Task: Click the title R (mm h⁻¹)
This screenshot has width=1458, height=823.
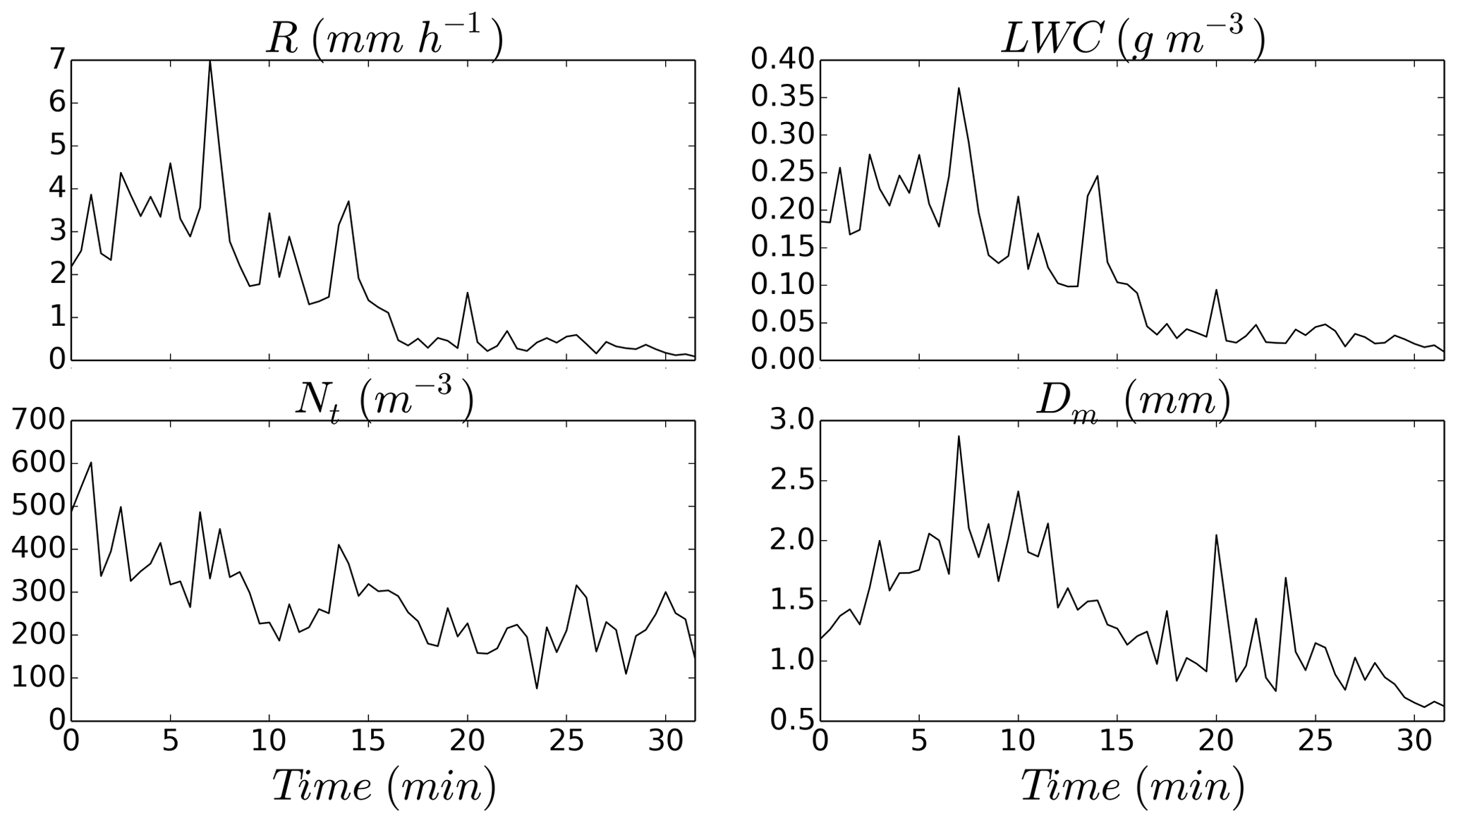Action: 384,39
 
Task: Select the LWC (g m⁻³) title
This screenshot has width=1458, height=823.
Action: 1133,39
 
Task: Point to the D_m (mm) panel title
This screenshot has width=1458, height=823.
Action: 1133,402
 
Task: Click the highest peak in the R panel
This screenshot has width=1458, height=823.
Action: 210,61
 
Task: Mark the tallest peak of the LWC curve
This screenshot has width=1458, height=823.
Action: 959,88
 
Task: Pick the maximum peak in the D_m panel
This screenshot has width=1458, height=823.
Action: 959,436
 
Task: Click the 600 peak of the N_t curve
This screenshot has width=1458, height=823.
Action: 91,463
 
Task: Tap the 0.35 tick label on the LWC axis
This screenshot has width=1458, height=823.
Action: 780,97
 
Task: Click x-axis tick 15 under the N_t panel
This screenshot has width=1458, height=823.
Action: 368,741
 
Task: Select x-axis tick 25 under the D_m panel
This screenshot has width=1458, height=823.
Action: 1316,741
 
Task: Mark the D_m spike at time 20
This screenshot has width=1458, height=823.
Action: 1216,535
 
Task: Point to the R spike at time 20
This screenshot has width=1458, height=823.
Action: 468,293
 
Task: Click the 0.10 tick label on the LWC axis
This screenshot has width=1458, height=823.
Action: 780,285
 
